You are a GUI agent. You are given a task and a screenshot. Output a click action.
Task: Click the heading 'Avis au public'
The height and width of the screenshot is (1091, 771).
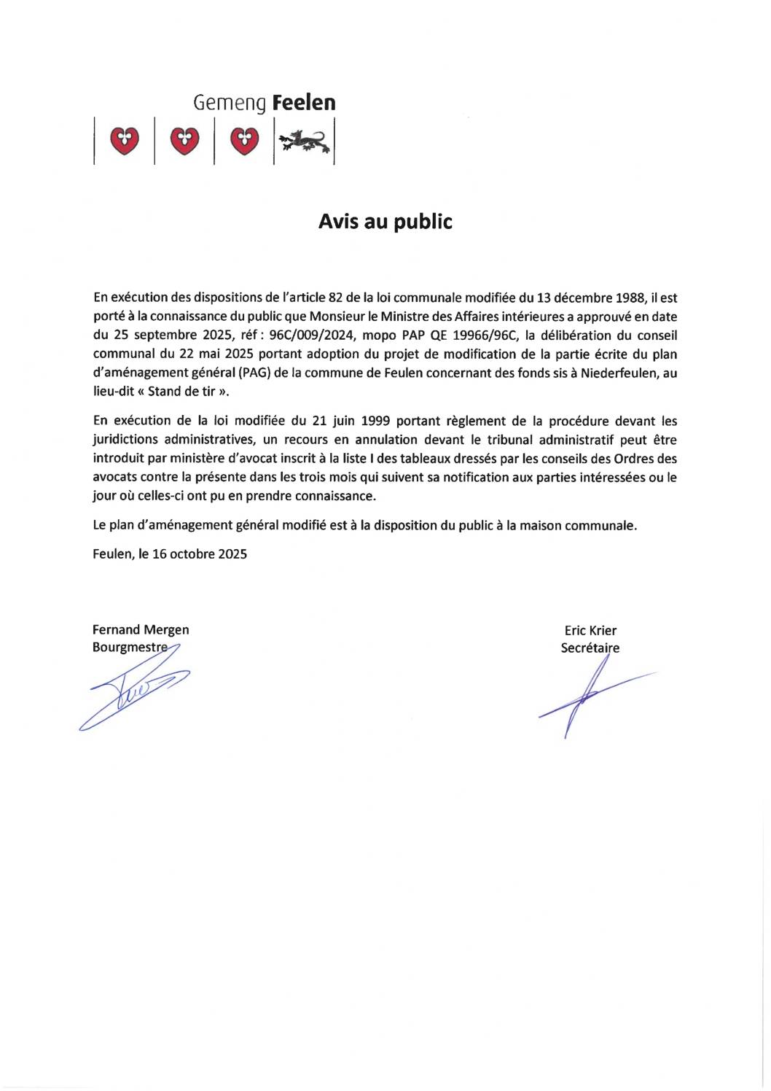tap(385, 222)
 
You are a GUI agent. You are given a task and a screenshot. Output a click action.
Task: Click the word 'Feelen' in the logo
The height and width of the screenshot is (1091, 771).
tap(304, 103)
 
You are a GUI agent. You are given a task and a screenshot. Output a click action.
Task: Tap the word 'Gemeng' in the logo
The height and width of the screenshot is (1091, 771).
tap(230, 104)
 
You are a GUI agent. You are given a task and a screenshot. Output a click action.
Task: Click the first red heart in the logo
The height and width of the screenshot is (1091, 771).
tap(125, 140)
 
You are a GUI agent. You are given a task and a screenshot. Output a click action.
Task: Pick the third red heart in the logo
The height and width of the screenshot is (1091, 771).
tap(244, 140)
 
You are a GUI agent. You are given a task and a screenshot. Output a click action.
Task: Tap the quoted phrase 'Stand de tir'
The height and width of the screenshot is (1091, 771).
tap(182, 392)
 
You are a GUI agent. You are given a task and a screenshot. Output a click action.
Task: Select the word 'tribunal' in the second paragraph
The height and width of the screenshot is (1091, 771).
tap(510, 440)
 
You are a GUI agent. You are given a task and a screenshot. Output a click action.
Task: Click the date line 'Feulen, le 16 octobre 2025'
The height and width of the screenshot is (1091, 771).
tap(170, 554)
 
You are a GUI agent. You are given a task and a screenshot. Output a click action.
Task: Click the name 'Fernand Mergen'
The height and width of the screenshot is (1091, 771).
tap(141, 630)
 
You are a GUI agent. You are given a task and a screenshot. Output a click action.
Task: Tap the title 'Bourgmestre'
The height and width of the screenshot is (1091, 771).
tap(130, 648)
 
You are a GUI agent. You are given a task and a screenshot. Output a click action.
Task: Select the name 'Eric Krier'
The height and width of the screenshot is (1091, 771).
tap(590, 631)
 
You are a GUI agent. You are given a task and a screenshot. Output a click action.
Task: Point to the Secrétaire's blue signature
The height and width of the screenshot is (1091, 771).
tap(587, 696)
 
